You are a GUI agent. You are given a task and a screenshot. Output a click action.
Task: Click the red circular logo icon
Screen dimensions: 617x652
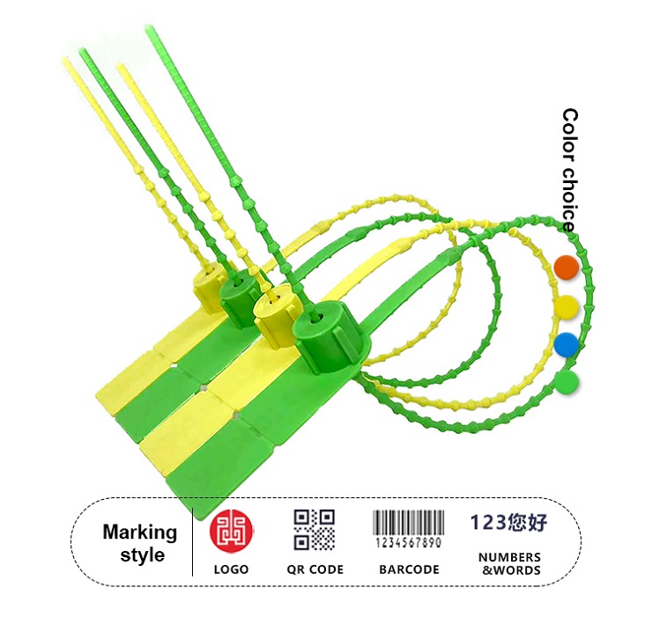pos(231,530)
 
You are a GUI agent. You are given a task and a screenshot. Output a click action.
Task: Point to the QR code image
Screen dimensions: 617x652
pos(315,530)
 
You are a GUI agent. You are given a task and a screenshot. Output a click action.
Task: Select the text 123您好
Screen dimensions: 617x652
pos(509,524)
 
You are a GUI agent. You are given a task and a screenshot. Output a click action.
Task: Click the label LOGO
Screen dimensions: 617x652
pos(231,569)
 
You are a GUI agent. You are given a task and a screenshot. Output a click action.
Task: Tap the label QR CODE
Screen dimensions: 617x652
pos(315,569)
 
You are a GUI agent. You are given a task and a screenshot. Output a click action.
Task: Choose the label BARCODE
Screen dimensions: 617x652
pos(409,569)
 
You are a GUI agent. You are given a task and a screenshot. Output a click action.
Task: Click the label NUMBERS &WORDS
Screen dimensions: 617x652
pos(509,563)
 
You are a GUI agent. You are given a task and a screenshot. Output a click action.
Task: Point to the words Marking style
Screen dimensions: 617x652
pos(140,543)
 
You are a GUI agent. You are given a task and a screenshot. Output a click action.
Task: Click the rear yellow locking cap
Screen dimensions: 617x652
pos(209,286)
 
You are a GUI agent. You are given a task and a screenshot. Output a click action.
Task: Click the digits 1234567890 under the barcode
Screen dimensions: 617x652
pos(409,543)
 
